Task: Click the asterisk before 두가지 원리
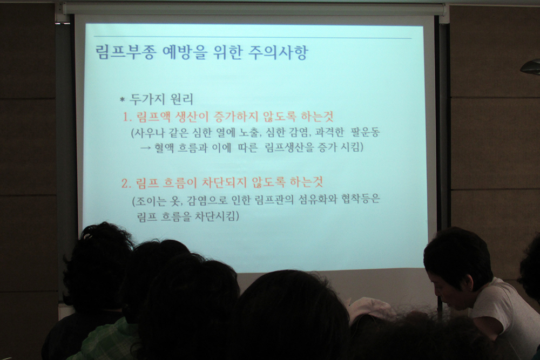coord(122,100)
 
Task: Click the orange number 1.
coord(127,117)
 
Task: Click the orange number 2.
coord(126,184)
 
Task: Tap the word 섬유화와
coord(316,200)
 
